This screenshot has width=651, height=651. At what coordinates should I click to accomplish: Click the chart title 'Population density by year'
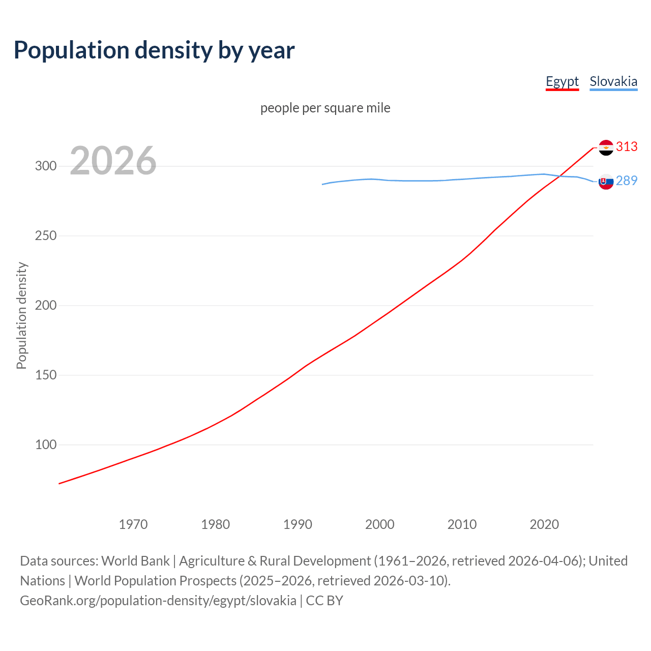pyautogui.click(x=154, y=50)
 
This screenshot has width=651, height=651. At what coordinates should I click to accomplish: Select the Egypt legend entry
pyautogui.click(x=562, y=81)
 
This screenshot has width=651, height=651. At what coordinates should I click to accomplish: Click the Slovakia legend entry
pyautogui.click(x=613, y=81)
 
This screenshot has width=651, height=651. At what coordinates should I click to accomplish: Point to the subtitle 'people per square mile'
pyautogui.click(x=325, y=108)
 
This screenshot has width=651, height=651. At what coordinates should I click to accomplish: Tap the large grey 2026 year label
pyautogui.click(x=113, y=161)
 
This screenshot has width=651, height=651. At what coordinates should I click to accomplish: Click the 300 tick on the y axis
pyautogui.click(x=46, y=166)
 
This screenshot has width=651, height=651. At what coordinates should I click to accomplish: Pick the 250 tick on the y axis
pyautogui.click(x=46, y=236)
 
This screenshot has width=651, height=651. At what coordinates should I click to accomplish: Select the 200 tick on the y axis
pyautogui.click(x=46, y=306)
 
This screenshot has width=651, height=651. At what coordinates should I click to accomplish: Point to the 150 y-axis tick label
pyautogui.click(x=46, y=375)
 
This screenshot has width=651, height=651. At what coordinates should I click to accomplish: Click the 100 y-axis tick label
pyautogui.click(x=46, y=445)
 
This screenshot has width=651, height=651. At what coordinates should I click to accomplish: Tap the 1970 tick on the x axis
pyautogui.click(x=133, y=524)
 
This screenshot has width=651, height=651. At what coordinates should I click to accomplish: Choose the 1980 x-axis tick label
pyautogui.click(x=216, y=524)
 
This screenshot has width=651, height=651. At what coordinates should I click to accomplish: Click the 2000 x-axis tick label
pyautogui.click(x=380, y=524)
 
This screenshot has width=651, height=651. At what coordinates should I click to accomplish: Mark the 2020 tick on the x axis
pyautogui.click(x=544, y=524)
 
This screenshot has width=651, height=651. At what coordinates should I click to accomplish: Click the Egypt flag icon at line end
pyautogui.click(x=606, y=147)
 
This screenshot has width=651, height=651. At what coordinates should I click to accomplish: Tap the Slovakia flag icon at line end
pyautogui.click(x=606, y=182)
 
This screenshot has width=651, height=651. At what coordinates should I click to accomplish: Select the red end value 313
pyautogui.click(x=627, y=147)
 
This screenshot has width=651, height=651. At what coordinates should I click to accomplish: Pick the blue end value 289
pyautogui.click(x=627, y=181)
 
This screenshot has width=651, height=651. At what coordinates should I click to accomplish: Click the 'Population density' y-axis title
pyautogui.click(x=21, y=315)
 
